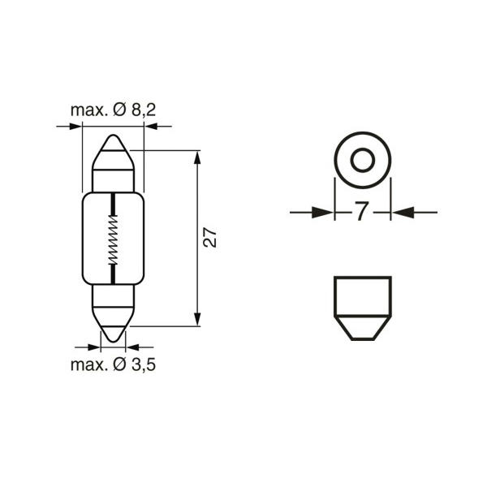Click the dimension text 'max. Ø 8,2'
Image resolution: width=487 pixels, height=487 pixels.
[113, 110]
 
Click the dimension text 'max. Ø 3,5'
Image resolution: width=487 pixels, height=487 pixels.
[113, 364]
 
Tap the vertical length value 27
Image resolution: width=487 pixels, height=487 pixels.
[210, 238]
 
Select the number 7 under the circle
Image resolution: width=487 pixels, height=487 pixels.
[362, 211]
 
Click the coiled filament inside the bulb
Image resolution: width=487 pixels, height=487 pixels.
[113, 239]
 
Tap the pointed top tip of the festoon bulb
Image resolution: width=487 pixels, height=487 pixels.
[114, 136]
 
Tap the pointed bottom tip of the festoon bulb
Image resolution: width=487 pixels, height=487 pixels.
[114, 341]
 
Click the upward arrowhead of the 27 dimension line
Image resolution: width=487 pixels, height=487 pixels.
[197, 157]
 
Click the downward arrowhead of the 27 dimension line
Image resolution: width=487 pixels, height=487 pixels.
[197, 320]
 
